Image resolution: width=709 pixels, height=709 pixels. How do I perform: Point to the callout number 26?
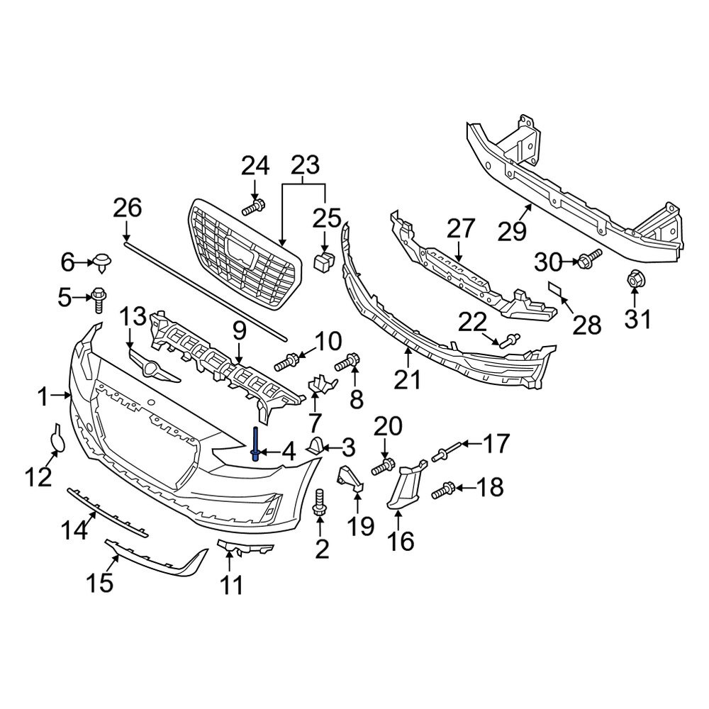(128, 209)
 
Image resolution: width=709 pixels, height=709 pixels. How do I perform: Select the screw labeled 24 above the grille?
(253, 208)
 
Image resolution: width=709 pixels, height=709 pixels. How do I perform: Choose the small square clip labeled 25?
(323, 261)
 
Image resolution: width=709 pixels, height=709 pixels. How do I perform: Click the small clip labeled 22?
(508, 341)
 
